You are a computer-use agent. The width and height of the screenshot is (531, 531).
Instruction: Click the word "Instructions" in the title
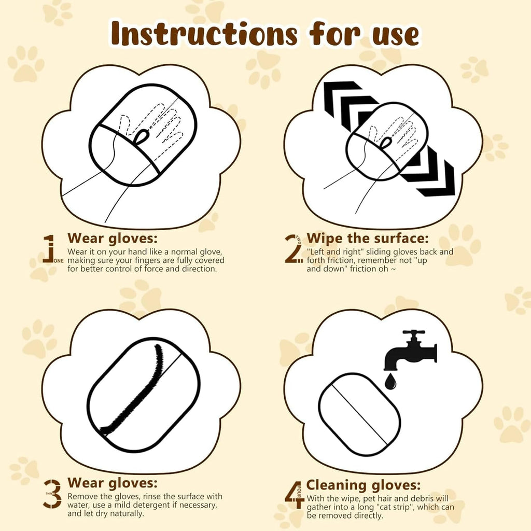point(205,34)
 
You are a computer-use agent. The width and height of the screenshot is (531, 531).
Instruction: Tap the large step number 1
point(50,249)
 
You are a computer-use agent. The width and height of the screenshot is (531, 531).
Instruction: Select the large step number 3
point(53,493)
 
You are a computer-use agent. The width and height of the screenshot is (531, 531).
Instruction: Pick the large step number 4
point(294,494)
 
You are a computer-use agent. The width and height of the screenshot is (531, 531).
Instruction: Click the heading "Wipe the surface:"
point(368,239)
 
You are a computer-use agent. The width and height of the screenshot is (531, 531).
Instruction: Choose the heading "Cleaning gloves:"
point(364,485)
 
